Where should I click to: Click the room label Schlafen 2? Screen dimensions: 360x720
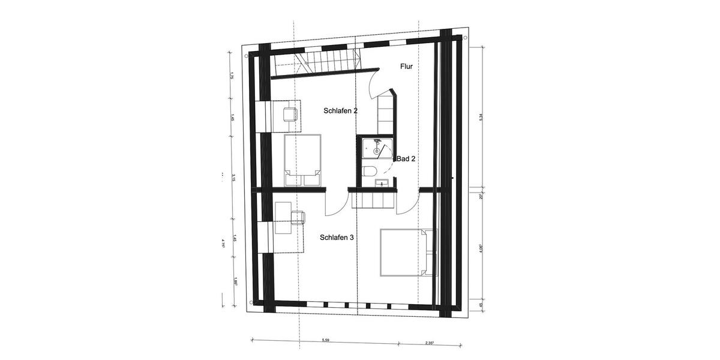coord(340,111)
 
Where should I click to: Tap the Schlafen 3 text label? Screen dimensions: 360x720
coord(337,238)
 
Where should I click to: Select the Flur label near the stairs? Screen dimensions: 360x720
coord(406,67)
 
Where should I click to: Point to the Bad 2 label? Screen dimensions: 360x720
coord(406,159)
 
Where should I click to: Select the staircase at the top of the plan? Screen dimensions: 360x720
coord(317,63)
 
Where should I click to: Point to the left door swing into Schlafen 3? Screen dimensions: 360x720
coord(335,204)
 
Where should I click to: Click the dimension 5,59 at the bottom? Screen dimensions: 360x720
coord(325,340)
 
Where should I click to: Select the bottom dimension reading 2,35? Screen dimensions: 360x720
coord(430,343)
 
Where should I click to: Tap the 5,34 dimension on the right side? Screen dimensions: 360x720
coord(481,119)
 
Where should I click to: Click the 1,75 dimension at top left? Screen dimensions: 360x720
coord(231,76)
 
